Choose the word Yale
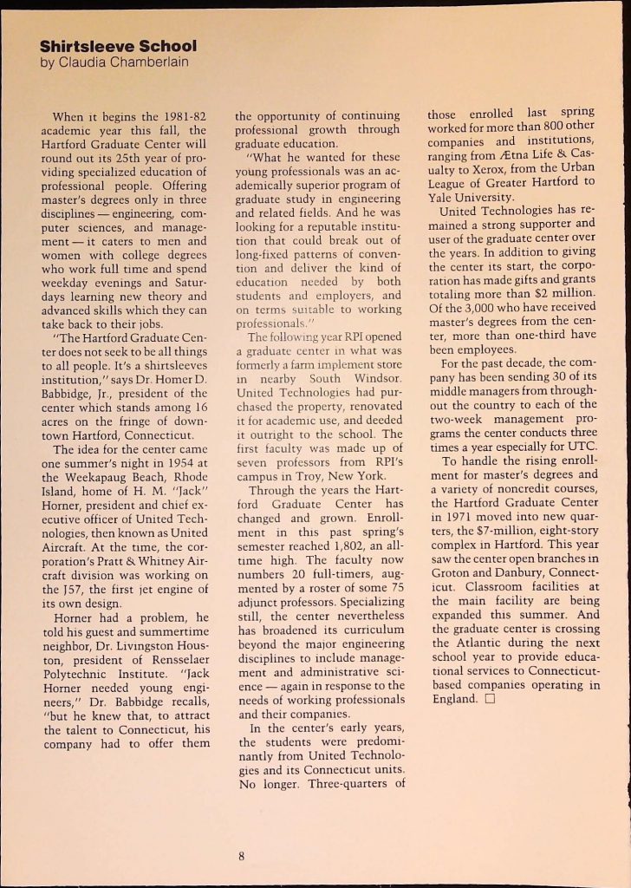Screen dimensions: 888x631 click(444, 197)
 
